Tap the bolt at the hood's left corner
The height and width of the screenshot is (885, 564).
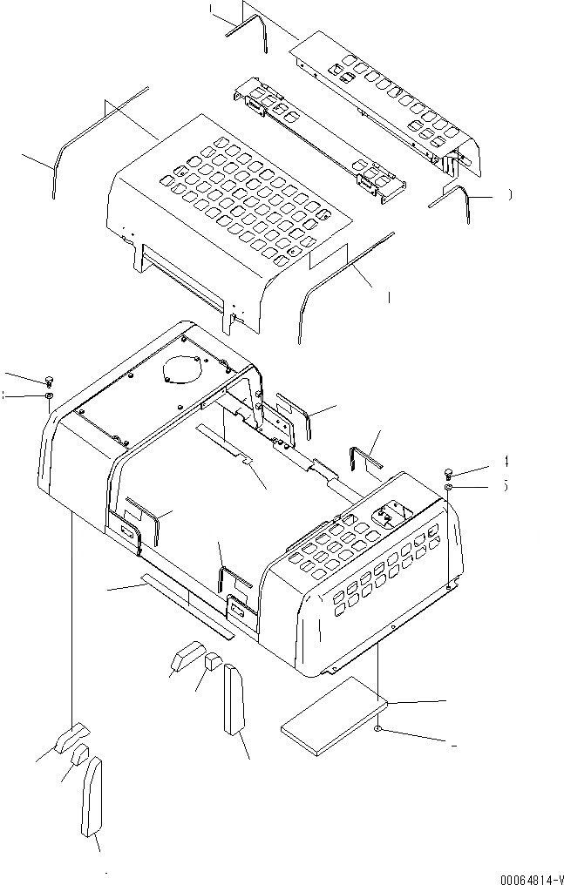[50, 380]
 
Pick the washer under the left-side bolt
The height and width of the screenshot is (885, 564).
[50, 396]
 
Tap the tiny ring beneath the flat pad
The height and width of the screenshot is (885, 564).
[377, 728]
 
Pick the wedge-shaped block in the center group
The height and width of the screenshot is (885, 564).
[187, 655]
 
